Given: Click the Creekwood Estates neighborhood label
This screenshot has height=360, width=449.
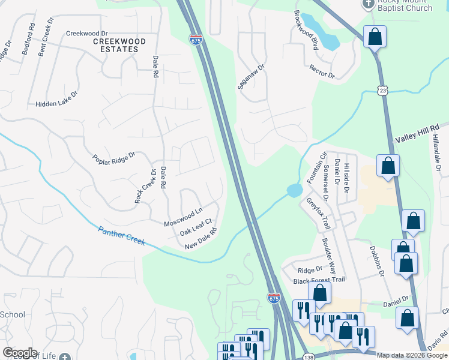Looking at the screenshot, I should (119, 45).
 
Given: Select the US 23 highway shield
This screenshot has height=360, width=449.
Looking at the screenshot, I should (383, 90).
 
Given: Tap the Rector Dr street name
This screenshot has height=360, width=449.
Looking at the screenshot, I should (322, 71).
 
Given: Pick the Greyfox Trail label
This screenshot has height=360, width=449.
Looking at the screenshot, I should (318, 214).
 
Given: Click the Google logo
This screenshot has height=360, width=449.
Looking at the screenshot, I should (20, 353).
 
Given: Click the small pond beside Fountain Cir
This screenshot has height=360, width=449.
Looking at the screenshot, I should (294, 191).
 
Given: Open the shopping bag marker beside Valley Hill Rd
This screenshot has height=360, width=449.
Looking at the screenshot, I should (388, 165).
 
